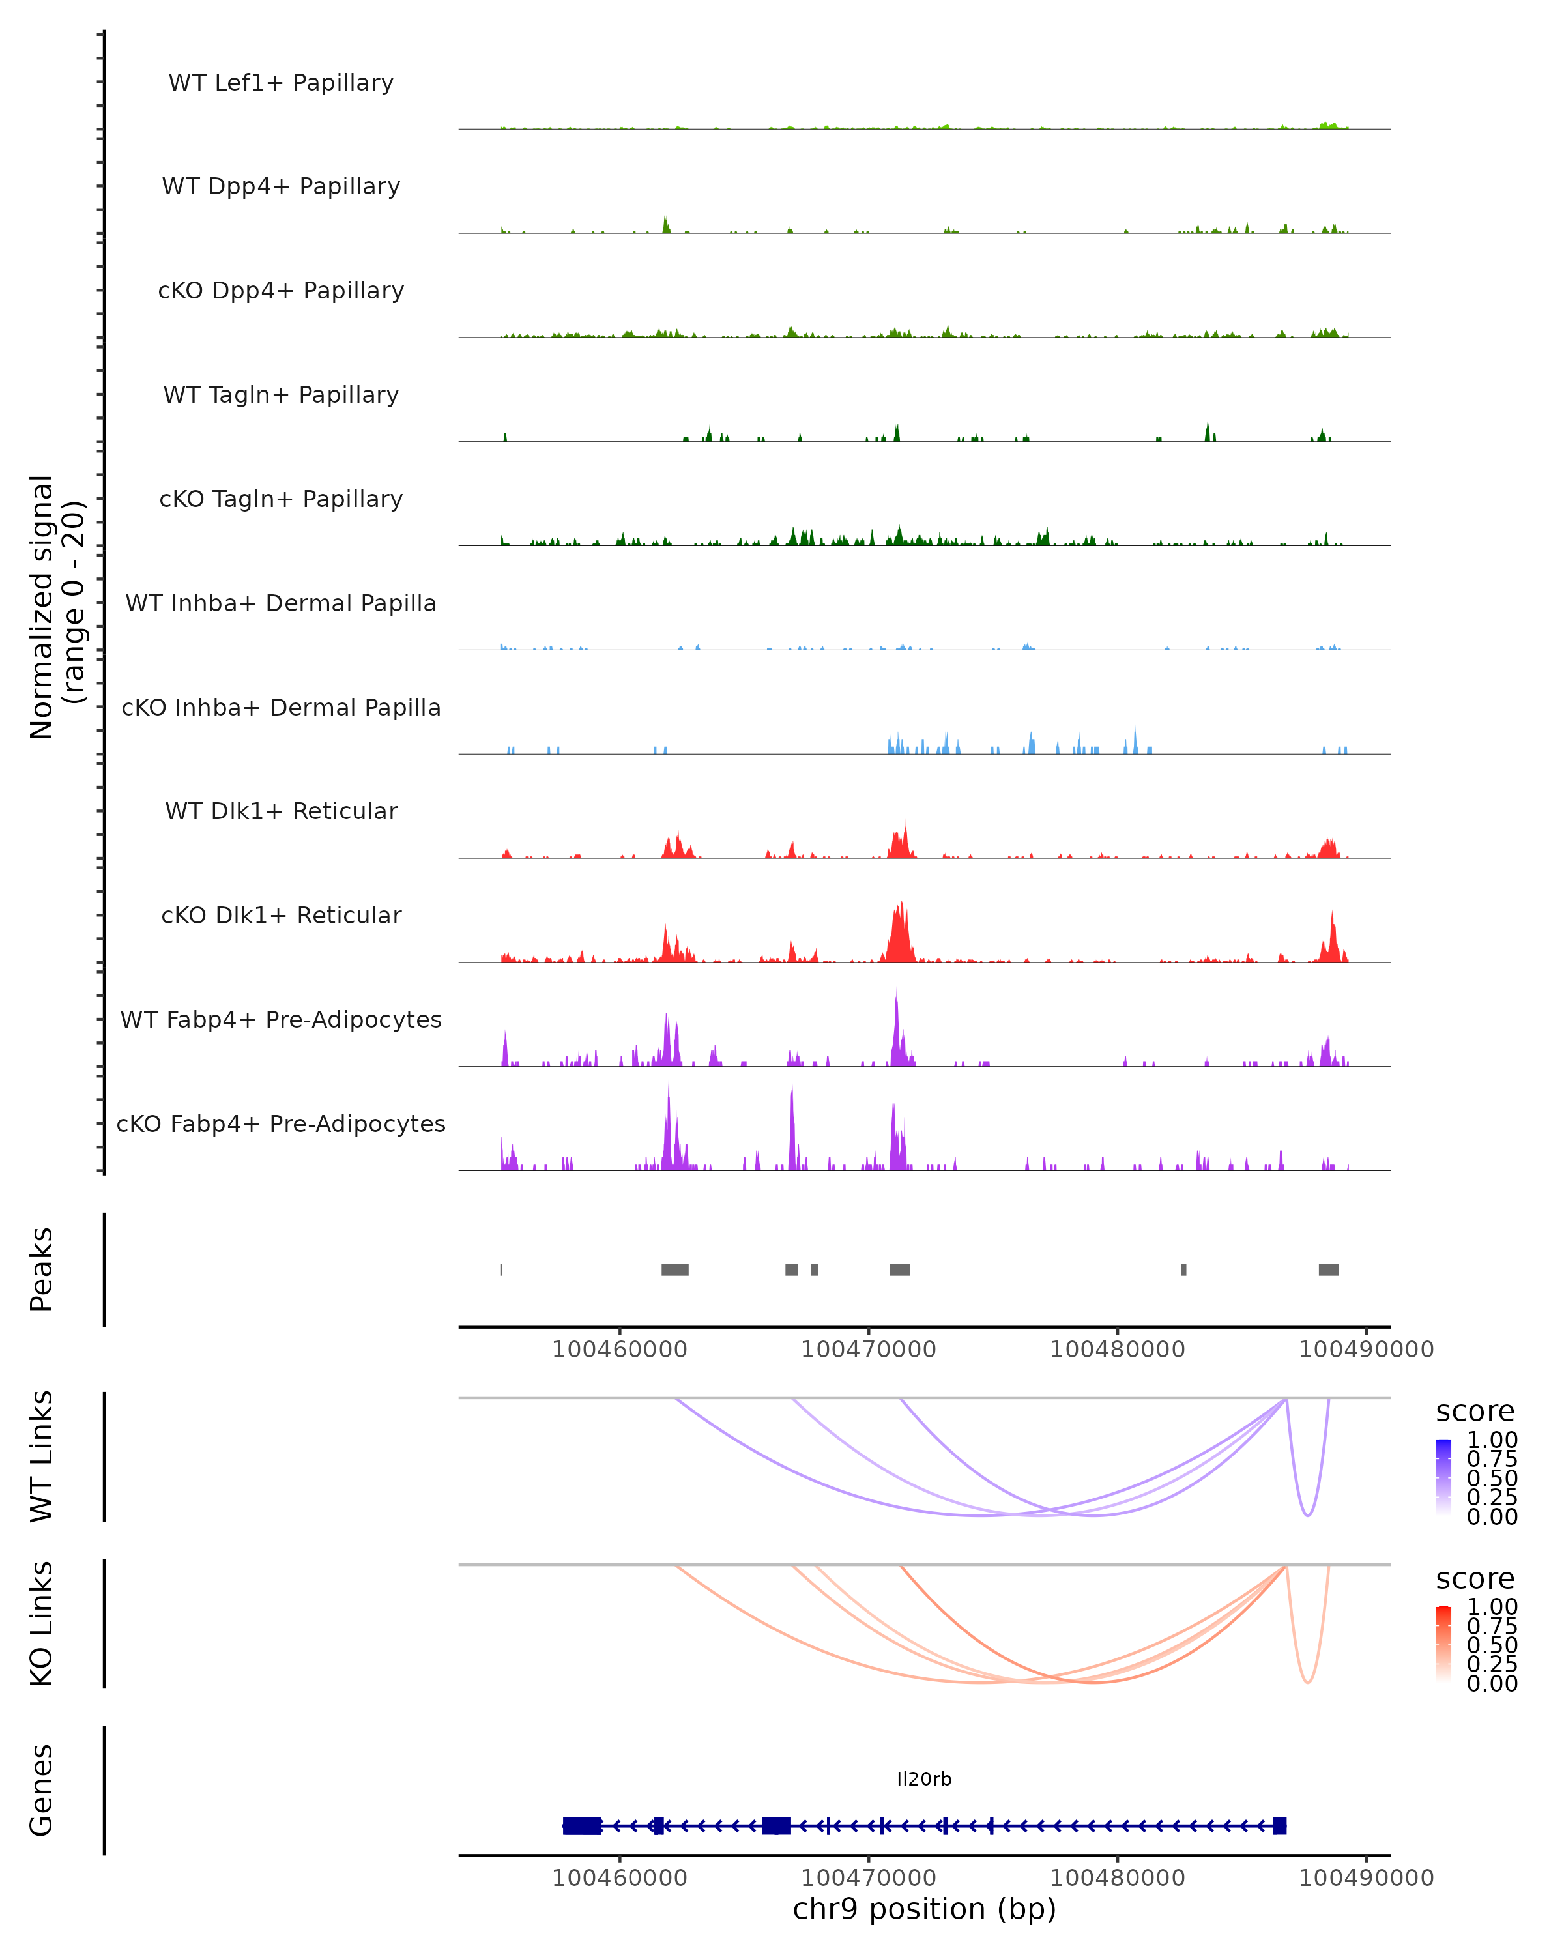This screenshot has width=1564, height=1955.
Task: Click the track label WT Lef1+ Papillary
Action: coord(281,83)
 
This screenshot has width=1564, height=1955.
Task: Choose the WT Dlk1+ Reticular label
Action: coord(281,811)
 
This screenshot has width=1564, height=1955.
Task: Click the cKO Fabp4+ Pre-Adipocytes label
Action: coord(281,1123)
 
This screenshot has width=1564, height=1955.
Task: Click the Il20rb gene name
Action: coord(924,1778)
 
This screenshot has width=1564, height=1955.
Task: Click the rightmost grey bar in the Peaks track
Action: coord(1328,1269)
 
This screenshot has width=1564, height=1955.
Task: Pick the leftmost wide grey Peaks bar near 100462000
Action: coord(674,1269)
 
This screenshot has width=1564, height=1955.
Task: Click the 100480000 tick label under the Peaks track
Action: coord(1117,1350)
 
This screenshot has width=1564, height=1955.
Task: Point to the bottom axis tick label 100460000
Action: coord(619,1878)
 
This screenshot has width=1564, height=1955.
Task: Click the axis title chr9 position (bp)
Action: coord(924,1909)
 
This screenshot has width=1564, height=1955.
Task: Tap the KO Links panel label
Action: coord(42,1623)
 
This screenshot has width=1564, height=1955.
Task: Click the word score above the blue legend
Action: coord(1474,1412)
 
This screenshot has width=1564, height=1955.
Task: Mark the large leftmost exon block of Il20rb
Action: coord(582,1825)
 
